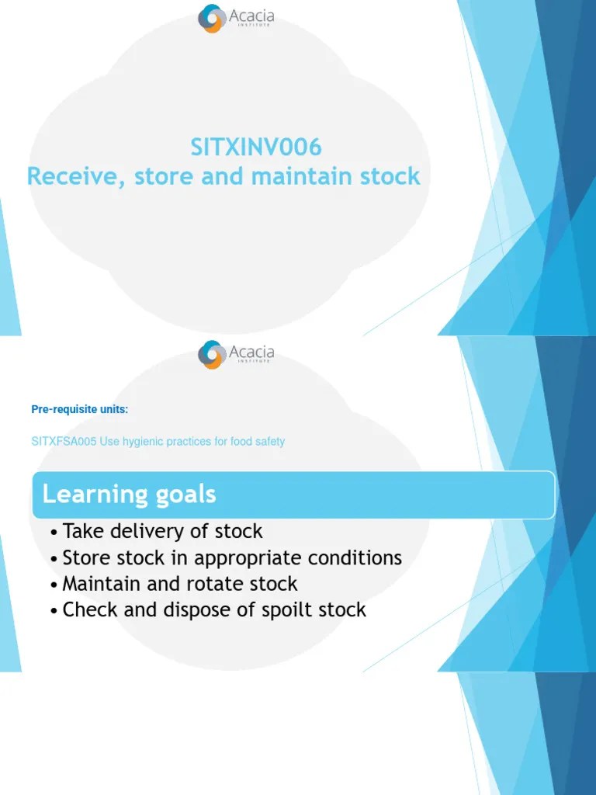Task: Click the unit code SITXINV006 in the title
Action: (256, 147)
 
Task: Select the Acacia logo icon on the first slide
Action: (212, 19)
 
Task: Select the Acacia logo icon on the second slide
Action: (212, 355)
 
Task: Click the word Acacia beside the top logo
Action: (251, 16)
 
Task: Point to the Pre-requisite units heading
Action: (79, 410)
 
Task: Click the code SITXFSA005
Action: (64, 442)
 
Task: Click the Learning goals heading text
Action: (129, 494)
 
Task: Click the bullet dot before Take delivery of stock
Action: (53, 533)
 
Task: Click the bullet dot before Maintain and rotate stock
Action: (53, 585)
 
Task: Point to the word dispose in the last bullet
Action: (191, 610)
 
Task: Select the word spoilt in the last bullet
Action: (274, 610)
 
